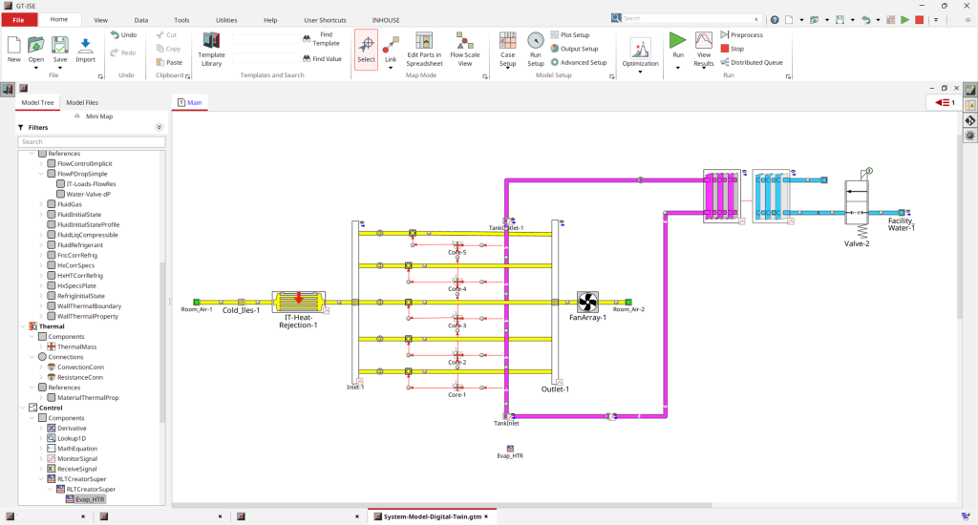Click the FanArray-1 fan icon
coord(587,303)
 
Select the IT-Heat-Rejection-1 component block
coord(298,303)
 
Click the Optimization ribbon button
coord(640,52)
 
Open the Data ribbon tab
coord(141,19)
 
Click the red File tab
coord(18,19)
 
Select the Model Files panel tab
coord(82,102)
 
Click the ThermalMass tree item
coord(77,346)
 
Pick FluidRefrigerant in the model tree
coord(79,245)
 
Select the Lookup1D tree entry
coord(74,437)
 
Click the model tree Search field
coord(91,141)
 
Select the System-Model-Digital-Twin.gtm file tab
coord(434,516)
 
